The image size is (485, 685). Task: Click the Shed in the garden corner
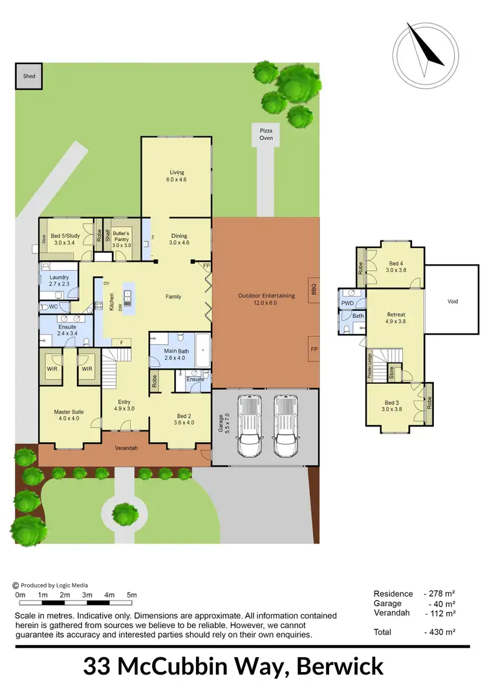(x=29, y=76)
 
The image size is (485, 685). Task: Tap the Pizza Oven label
(x=266, y=134)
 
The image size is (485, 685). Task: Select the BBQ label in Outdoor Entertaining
(x=314, y=288)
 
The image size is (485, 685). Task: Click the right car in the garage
(x=285, y=427)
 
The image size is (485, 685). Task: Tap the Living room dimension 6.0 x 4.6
(x=177, y=180)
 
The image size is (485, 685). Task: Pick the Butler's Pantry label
(x=122, y=237)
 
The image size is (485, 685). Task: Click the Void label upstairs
(x=452, y=301)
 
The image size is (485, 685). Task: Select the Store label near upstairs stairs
(x=391, y=373)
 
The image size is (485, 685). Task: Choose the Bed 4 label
(x=396, y=264)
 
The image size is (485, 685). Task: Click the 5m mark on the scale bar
(x=132, y=595)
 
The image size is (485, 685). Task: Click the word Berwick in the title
(x=336, y=666)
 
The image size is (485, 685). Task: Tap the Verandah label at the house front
(x=126, y=448)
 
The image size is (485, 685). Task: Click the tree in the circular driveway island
(x=125, y=514)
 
